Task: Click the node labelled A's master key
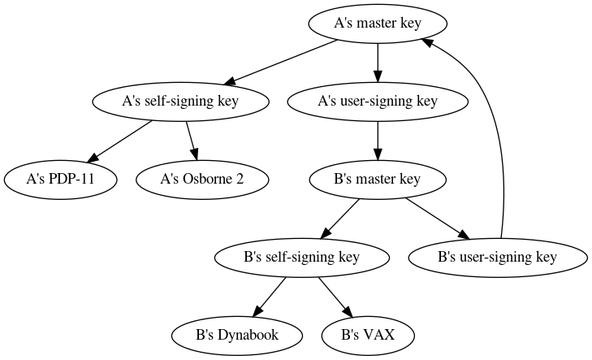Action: point(378,23)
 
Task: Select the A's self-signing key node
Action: point(181,102)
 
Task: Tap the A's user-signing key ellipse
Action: point(378,102)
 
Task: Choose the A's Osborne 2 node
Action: point(202,180)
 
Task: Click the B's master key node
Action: point(378,180)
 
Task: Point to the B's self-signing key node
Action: point(301,258)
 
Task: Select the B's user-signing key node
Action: point(497,258)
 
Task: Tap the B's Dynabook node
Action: point(237,335)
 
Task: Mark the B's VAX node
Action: point(367,335)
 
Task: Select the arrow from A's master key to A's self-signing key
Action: point(281,62)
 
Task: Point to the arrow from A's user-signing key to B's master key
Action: point(378,141)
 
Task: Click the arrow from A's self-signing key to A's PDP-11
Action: point(120,141)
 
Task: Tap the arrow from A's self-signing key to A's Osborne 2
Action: point(192,141)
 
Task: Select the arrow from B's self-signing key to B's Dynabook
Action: point(269,297)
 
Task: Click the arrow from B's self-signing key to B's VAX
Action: point(335,297)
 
